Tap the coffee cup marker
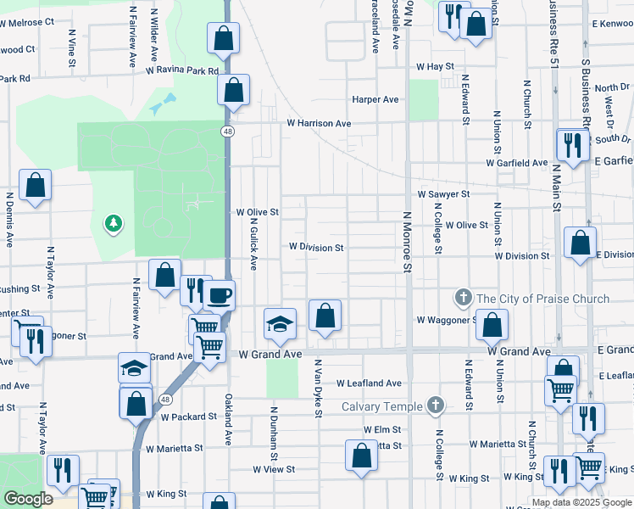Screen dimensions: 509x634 coord(220,295)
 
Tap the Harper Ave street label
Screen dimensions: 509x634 coord(375,100)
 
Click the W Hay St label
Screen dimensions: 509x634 coord(436,66)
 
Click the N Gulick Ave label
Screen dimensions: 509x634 coord(253,243)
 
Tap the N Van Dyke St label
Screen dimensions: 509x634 coord(319,389)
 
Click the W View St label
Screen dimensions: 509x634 coord(273,469)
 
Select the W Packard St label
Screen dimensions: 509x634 coord(190,417)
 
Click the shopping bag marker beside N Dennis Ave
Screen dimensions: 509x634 coord(35,185)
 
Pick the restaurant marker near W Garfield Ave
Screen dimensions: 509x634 coord(573,145)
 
